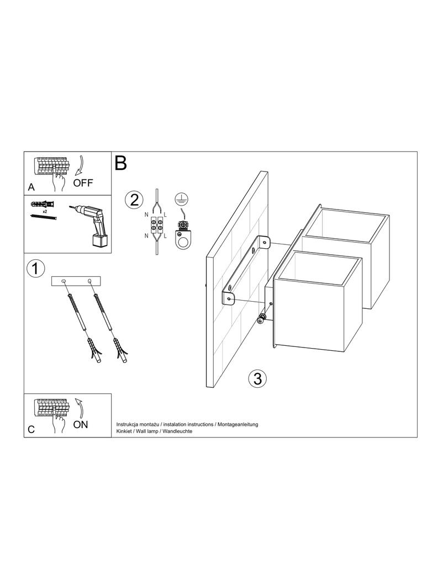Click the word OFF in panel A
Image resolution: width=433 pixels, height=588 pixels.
(x=83, y=183)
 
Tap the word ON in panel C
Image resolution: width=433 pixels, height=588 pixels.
(x=81, y=425)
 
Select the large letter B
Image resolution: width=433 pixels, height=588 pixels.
(x=121, y=163)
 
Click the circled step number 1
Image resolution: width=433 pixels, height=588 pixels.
(x=36, y=269)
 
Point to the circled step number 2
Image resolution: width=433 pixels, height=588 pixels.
(x=134, y=200)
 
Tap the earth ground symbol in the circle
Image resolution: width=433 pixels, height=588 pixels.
(x=181, y=199)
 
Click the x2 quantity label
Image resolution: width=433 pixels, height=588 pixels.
(x=44, y=211)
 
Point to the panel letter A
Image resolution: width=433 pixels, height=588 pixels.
(x=31, y=187)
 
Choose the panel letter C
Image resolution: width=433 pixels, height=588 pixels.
(x=31, y=430)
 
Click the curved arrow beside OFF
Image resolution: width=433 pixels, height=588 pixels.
(x=80, y=165)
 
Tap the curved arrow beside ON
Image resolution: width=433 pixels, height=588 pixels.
(x=80, y=408)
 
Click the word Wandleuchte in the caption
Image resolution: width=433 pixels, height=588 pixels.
(x=178, y=431)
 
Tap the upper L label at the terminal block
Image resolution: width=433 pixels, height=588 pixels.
(x=165, y=215)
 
